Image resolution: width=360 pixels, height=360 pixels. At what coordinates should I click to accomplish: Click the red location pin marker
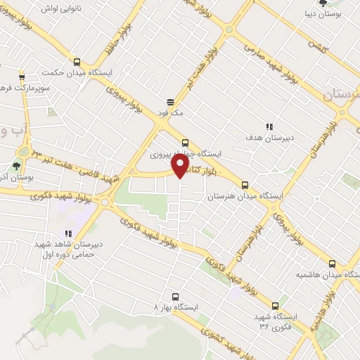point(181,167)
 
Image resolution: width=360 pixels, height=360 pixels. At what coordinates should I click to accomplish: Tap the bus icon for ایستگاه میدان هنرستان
point(245,186)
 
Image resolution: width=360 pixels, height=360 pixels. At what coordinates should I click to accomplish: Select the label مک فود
point(171,112)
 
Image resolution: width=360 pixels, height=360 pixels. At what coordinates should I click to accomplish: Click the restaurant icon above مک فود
point(170,102)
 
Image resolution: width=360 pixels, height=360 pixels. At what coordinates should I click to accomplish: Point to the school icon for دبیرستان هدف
point(268,127)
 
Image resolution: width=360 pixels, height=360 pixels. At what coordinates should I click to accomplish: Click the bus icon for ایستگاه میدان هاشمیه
point(332,264)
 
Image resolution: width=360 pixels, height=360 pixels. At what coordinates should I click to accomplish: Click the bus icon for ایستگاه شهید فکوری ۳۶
point(274,306)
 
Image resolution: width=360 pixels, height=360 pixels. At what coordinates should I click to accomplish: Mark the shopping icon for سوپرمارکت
point(22,77)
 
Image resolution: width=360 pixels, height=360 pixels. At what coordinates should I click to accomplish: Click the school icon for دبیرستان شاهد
point(68,233)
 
